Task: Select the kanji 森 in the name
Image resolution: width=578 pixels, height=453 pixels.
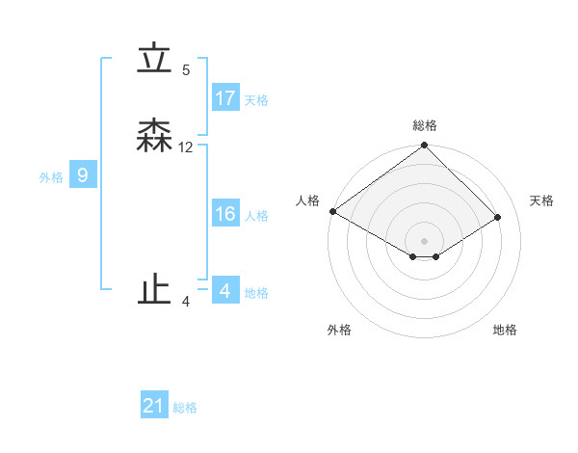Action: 154,136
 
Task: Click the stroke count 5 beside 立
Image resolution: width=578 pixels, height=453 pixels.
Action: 186,70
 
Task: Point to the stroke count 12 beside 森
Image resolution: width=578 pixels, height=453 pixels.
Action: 186,147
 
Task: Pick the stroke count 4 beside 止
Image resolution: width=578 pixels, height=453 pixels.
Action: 186,302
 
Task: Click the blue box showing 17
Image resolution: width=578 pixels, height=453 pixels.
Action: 225,98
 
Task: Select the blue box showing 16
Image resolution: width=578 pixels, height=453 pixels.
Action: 225,214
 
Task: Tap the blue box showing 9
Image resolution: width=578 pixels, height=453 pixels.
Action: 83,175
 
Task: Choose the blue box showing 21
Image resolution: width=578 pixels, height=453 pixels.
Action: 154,406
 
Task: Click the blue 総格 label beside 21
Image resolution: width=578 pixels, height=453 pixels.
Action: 185,408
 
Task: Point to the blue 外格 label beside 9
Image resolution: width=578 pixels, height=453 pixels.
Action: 51,177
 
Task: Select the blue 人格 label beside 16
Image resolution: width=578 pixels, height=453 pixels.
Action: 256,216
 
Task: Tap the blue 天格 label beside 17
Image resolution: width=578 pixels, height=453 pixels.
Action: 256,100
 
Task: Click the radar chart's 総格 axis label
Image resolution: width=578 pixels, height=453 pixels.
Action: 425,125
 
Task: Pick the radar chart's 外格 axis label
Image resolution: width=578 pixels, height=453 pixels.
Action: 339,330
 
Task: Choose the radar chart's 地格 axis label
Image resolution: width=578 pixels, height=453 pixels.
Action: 505,330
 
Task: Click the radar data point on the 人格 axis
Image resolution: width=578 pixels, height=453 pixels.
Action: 332,211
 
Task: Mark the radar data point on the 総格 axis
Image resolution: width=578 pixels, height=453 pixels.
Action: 425,146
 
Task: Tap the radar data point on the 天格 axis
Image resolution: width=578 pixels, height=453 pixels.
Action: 499,217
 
